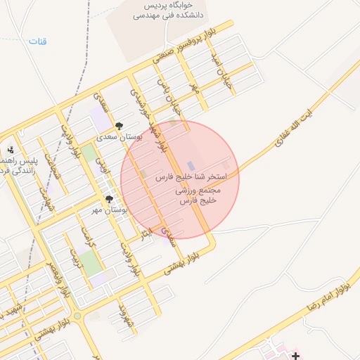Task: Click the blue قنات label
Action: [37, 41]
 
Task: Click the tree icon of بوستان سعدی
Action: [119, 126]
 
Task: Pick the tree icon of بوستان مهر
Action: [109, 200]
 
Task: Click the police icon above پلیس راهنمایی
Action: [11, 150]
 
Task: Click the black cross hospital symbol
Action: [296, 356]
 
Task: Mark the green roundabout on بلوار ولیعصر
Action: [77, 317]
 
